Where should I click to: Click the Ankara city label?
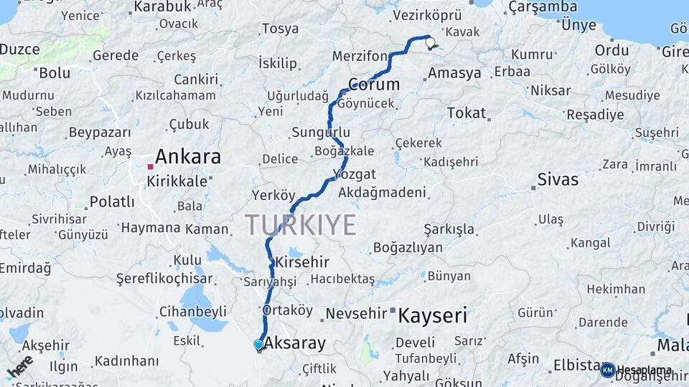[188, 157]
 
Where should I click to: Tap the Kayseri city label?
[432, 315]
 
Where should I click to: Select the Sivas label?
[558, 179]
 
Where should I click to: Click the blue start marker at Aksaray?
[258, 345]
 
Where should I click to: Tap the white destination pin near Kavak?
[431, 43]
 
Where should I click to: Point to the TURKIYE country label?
[301, 225]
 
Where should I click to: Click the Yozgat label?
[355, 174]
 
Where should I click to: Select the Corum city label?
[373, 85]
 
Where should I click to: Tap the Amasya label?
[454, 73]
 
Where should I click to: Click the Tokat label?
[467, 113]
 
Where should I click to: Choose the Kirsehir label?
[302, 262]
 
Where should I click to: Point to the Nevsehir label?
[356, 314]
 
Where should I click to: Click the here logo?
[19, 367]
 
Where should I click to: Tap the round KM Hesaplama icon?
[608, 370]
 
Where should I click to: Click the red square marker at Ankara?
[150, 167]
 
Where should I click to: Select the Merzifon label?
[360, 56]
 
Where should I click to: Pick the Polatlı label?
[112, 201]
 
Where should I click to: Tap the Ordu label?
[611, 50]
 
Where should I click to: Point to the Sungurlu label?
[321, 133]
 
